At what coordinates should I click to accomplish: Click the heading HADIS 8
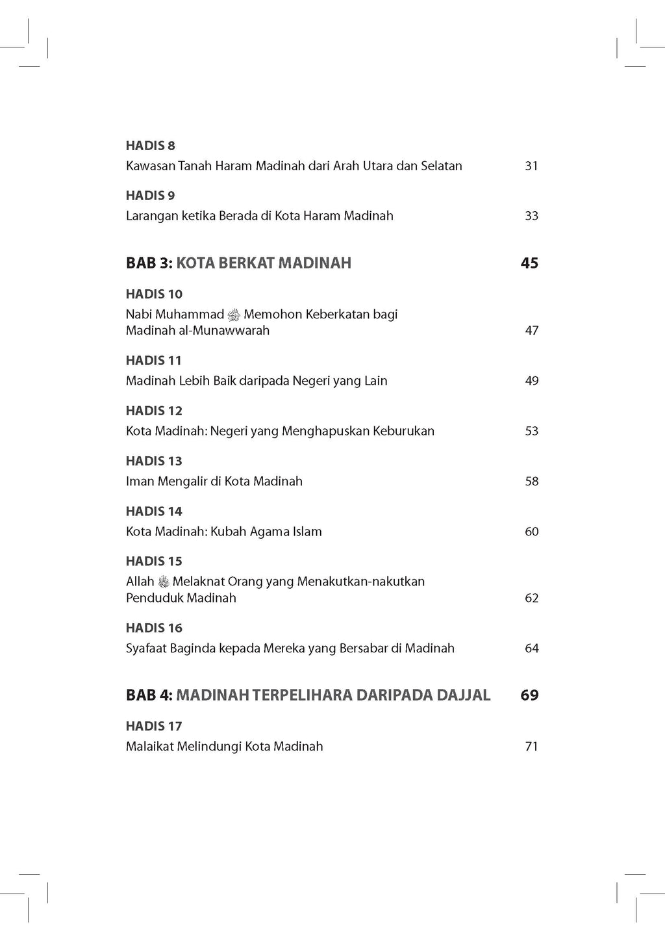[150, 146]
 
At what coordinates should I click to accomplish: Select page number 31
[531, 166]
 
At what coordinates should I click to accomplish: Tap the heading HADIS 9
[150, 196]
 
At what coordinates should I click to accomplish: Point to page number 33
[531, 216]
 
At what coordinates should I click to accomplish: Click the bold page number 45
[529, 263]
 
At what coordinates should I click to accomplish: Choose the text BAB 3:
[149, 263]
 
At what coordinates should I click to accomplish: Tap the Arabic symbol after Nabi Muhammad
[234, 315]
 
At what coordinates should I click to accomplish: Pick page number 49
[531, 381]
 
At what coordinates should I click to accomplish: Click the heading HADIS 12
[154, 411]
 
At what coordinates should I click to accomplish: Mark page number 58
[531, 482]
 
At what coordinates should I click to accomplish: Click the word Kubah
[231, 532]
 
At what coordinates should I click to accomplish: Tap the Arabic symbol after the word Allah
[164, 582]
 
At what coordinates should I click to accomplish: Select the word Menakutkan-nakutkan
[361, 582]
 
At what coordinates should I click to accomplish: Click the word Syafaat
[146, 648]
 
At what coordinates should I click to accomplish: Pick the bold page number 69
[529, 695]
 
